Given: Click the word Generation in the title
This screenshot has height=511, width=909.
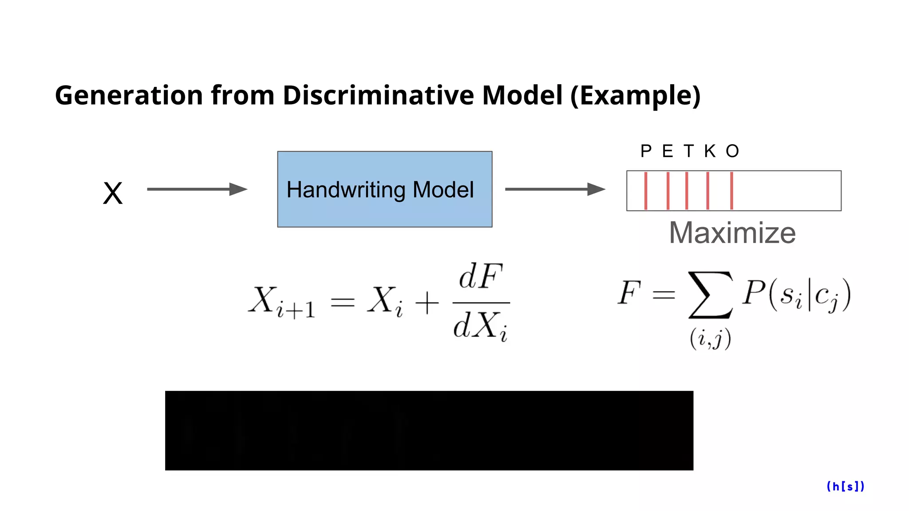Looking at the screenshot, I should pyautogui.click(x=129, y=95).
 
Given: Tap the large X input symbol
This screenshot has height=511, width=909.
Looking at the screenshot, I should pyautogui.click(x=113, y=193).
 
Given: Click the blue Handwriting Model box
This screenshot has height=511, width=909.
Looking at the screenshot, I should pyautogui.click(x=384, y=189).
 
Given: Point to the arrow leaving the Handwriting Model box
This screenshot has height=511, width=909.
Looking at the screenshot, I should pyautogui.click(x=555, y=189).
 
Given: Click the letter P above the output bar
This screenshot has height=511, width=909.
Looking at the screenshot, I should pyautogui.click(x=646, y=152).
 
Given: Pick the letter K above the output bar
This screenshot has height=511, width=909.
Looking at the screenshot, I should pyautogui.click(x=710, y=152).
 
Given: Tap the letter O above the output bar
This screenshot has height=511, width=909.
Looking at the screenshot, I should pyautogui.click(x=732, y=152).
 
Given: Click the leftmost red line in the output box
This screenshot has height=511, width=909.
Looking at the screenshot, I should pyautogui.click(x=646, y=191).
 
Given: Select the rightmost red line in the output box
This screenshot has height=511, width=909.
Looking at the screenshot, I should pyautogui.click(x=731, y=191).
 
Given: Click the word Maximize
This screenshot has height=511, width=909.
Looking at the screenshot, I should pyautogui.click(x=732, y=233).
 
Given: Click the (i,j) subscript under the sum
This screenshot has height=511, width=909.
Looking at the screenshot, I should pyautogui.click(x=710, y=339).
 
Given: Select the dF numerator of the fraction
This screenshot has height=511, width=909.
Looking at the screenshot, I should pyautogui.click(x=481, y=277).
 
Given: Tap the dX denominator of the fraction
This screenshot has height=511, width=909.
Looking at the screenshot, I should pyautogui.click(x=481, y=326).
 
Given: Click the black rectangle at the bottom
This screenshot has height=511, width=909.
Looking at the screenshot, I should pyautogui.click(x=429, y=430).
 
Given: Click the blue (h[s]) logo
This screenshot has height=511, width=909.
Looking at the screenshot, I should pyautogui.click(x=846, y=487).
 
